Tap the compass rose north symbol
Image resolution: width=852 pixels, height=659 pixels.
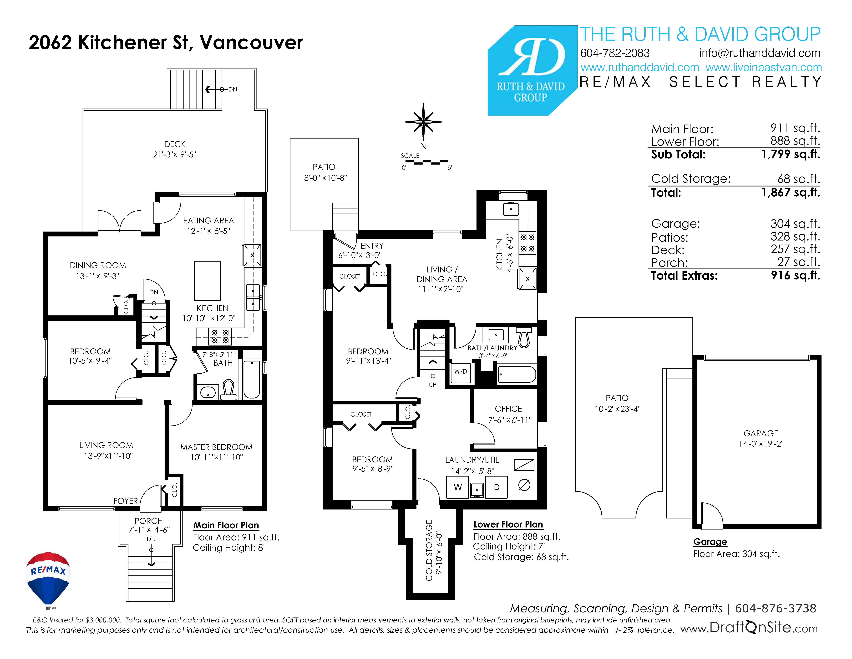click(x=423, y=122)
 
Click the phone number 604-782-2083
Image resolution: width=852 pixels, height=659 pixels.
click(x=615, y=53)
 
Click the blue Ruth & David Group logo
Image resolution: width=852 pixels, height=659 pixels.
click(x=532, y=71)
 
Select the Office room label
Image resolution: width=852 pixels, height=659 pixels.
click(x=508, y=409)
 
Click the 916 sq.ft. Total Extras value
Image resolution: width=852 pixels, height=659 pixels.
click(x=795, y=276)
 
